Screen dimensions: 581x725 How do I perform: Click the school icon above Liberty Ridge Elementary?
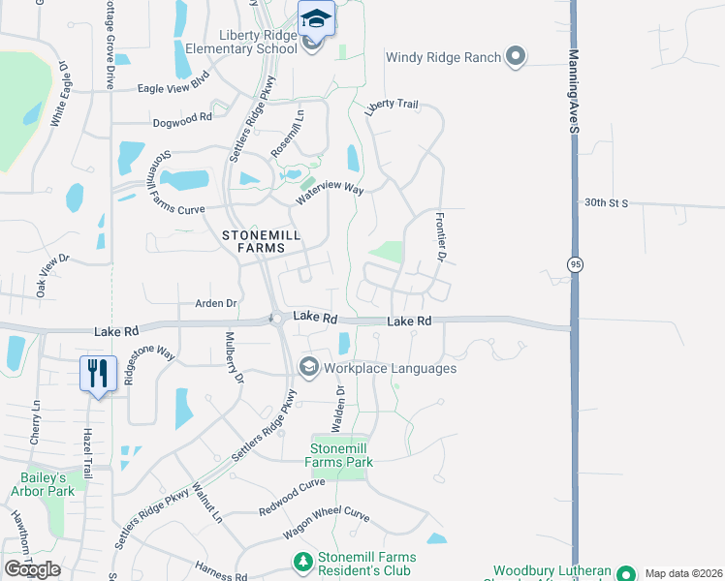coord(316,18)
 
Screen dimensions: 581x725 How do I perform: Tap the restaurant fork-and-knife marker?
coord(98,373)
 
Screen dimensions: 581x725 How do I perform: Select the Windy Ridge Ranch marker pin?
coord(516,57)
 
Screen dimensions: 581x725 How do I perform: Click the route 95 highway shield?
coord(575,264)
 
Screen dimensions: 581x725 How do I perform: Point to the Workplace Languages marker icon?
coord(309,367)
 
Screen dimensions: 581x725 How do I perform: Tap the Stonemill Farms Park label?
coord(341,455)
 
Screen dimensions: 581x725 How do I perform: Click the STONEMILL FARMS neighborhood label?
coord(261,241)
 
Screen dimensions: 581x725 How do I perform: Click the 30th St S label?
coord(607,203)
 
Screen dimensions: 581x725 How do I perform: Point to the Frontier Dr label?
coord(440,238)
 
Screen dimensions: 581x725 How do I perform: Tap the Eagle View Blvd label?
coord(174,86)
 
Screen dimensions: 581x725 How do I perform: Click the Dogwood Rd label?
coord(182,121)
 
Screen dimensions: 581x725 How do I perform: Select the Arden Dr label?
coord(216,303)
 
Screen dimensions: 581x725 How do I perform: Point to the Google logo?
coord(32,569)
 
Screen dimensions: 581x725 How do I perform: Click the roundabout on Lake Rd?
coord(276,319)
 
